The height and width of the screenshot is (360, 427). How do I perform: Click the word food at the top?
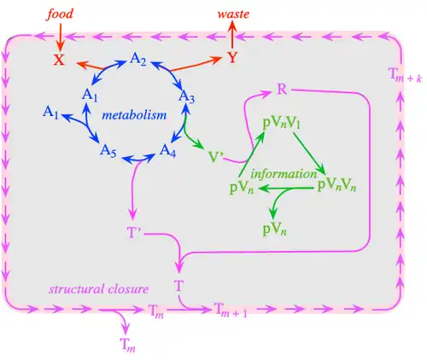click(60, 15)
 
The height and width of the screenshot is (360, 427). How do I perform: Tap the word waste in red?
click(233, 14)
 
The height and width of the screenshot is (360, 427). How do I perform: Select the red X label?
click(59, 60)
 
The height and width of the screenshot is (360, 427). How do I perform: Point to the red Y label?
click(232, 58)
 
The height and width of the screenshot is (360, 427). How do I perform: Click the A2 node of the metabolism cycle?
click(138, 60)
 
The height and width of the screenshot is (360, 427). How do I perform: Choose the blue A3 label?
click(187, 97)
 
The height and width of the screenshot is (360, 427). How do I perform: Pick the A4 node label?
click(167, 150)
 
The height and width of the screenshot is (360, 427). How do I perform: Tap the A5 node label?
click(108, 150)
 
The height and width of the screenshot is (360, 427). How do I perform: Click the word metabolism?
click(134, 115)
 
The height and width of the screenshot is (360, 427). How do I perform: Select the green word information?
click(284, 174)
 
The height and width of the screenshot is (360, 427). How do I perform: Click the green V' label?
click(216, 157)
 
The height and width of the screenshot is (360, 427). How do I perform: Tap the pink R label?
click(282, 90)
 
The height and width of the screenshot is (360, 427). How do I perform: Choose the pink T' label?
click(134, 233)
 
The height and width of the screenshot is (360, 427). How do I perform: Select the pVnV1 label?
click(281, 124)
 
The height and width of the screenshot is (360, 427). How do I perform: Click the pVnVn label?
click(336, 186)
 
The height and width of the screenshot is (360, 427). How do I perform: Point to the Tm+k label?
click(405, 75)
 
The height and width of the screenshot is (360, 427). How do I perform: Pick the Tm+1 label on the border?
click(231, 310)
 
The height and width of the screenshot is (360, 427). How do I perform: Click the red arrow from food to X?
click(61, 37)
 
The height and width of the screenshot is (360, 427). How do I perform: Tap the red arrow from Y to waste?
click(232, 36)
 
